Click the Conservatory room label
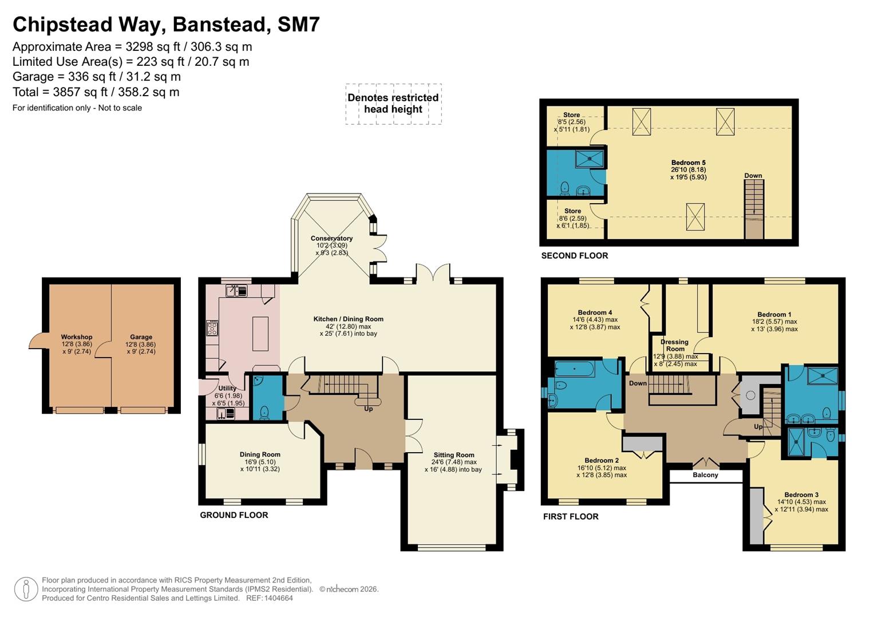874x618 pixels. pyautogui.click(x=331, y=239)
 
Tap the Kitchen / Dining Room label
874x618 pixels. pyautogui.click(x=348, y=319)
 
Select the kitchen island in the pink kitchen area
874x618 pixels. pyautogui.click(x=260, y=334)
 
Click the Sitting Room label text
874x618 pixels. pyautogui.click(x=454, y=455)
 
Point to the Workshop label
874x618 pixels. pyautogui.click(x=77, y=338)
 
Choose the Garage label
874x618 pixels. pyautogui.click(x=141, y=338)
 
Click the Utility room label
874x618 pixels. pyautogui.click(x=227, y=389)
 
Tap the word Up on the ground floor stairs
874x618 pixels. pyautogui.click(x=369, y=409)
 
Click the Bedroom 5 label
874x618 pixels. pyautogui.click(x=688, y=163)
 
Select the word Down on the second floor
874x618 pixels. pyautogui.click(x=753, y=176)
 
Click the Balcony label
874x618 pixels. pyautogui.click(x=705, y=476)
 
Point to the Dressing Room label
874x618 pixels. pyautogui.click(x=675, y=346)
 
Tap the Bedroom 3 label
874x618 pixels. pyautogui.click(x=801, y=495)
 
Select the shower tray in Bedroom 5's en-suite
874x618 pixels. pyautogui.click(x=589, y=159)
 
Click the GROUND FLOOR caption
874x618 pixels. pyautogui.click(x=234, y=516)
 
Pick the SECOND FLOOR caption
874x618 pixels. pyautogui.click(x=574, y=256)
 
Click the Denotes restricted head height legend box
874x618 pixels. pyautogui.click(x=393, y=104)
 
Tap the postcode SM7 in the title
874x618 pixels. pyautogui.click(x=298, y=25)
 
